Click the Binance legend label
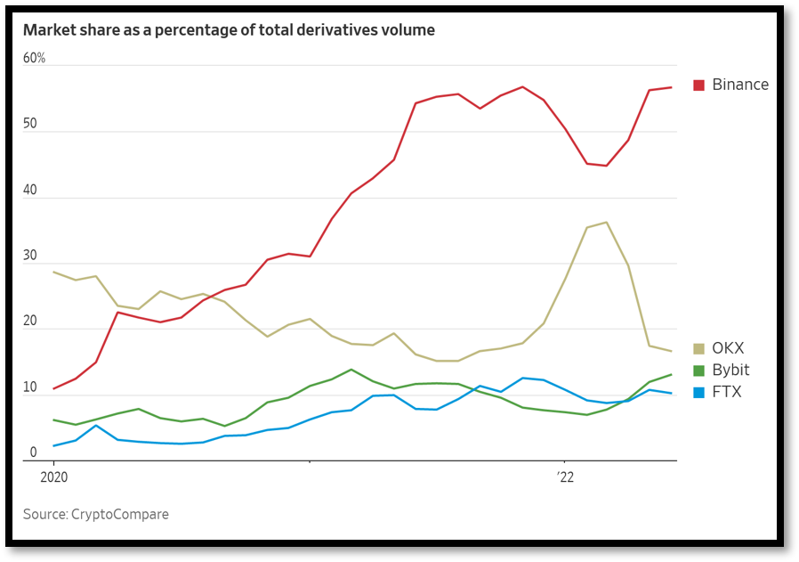[740, 85]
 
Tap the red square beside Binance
[698, 85]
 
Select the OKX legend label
[728, 348]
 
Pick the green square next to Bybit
[698, 371]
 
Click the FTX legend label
[727, 392]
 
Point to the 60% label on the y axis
[34, 58]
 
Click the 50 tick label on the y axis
[30, 124]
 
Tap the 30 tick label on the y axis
[30, 256]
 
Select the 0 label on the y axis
[34, 452]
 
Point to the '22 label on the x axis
[565, 477]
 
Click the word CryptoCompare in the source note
[121, 515]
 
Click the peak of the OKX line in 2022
[607, 222]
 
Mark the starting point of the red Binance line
[54, 388]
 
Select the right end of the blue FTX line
[671, 394]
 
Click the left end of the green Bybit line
[54, 419]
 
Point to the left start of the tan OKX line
[54, 273]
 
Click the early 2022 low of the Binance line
[607, 166]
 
